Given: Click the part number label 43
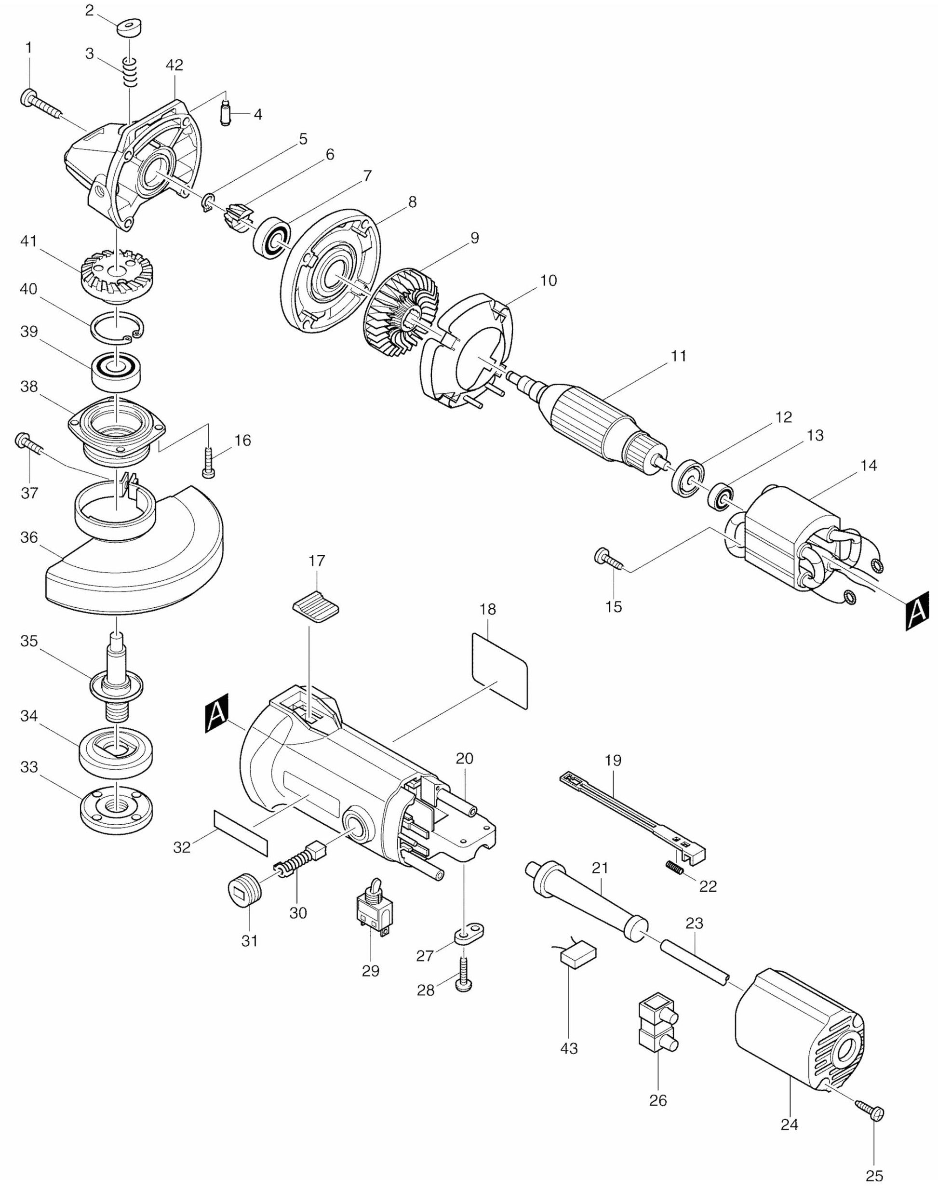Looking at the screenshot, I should pyautogui.click(x=569, y=1048).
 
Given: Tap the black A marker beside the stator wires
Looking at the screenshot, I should pyautogui.click(x=917, y=610).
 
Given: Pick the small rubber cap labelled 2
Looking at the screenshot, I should pyautogui.click(x=130, y=27).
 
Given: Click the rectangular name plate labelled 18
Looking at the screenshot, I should pyautogui.click(x=499, y=670).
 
